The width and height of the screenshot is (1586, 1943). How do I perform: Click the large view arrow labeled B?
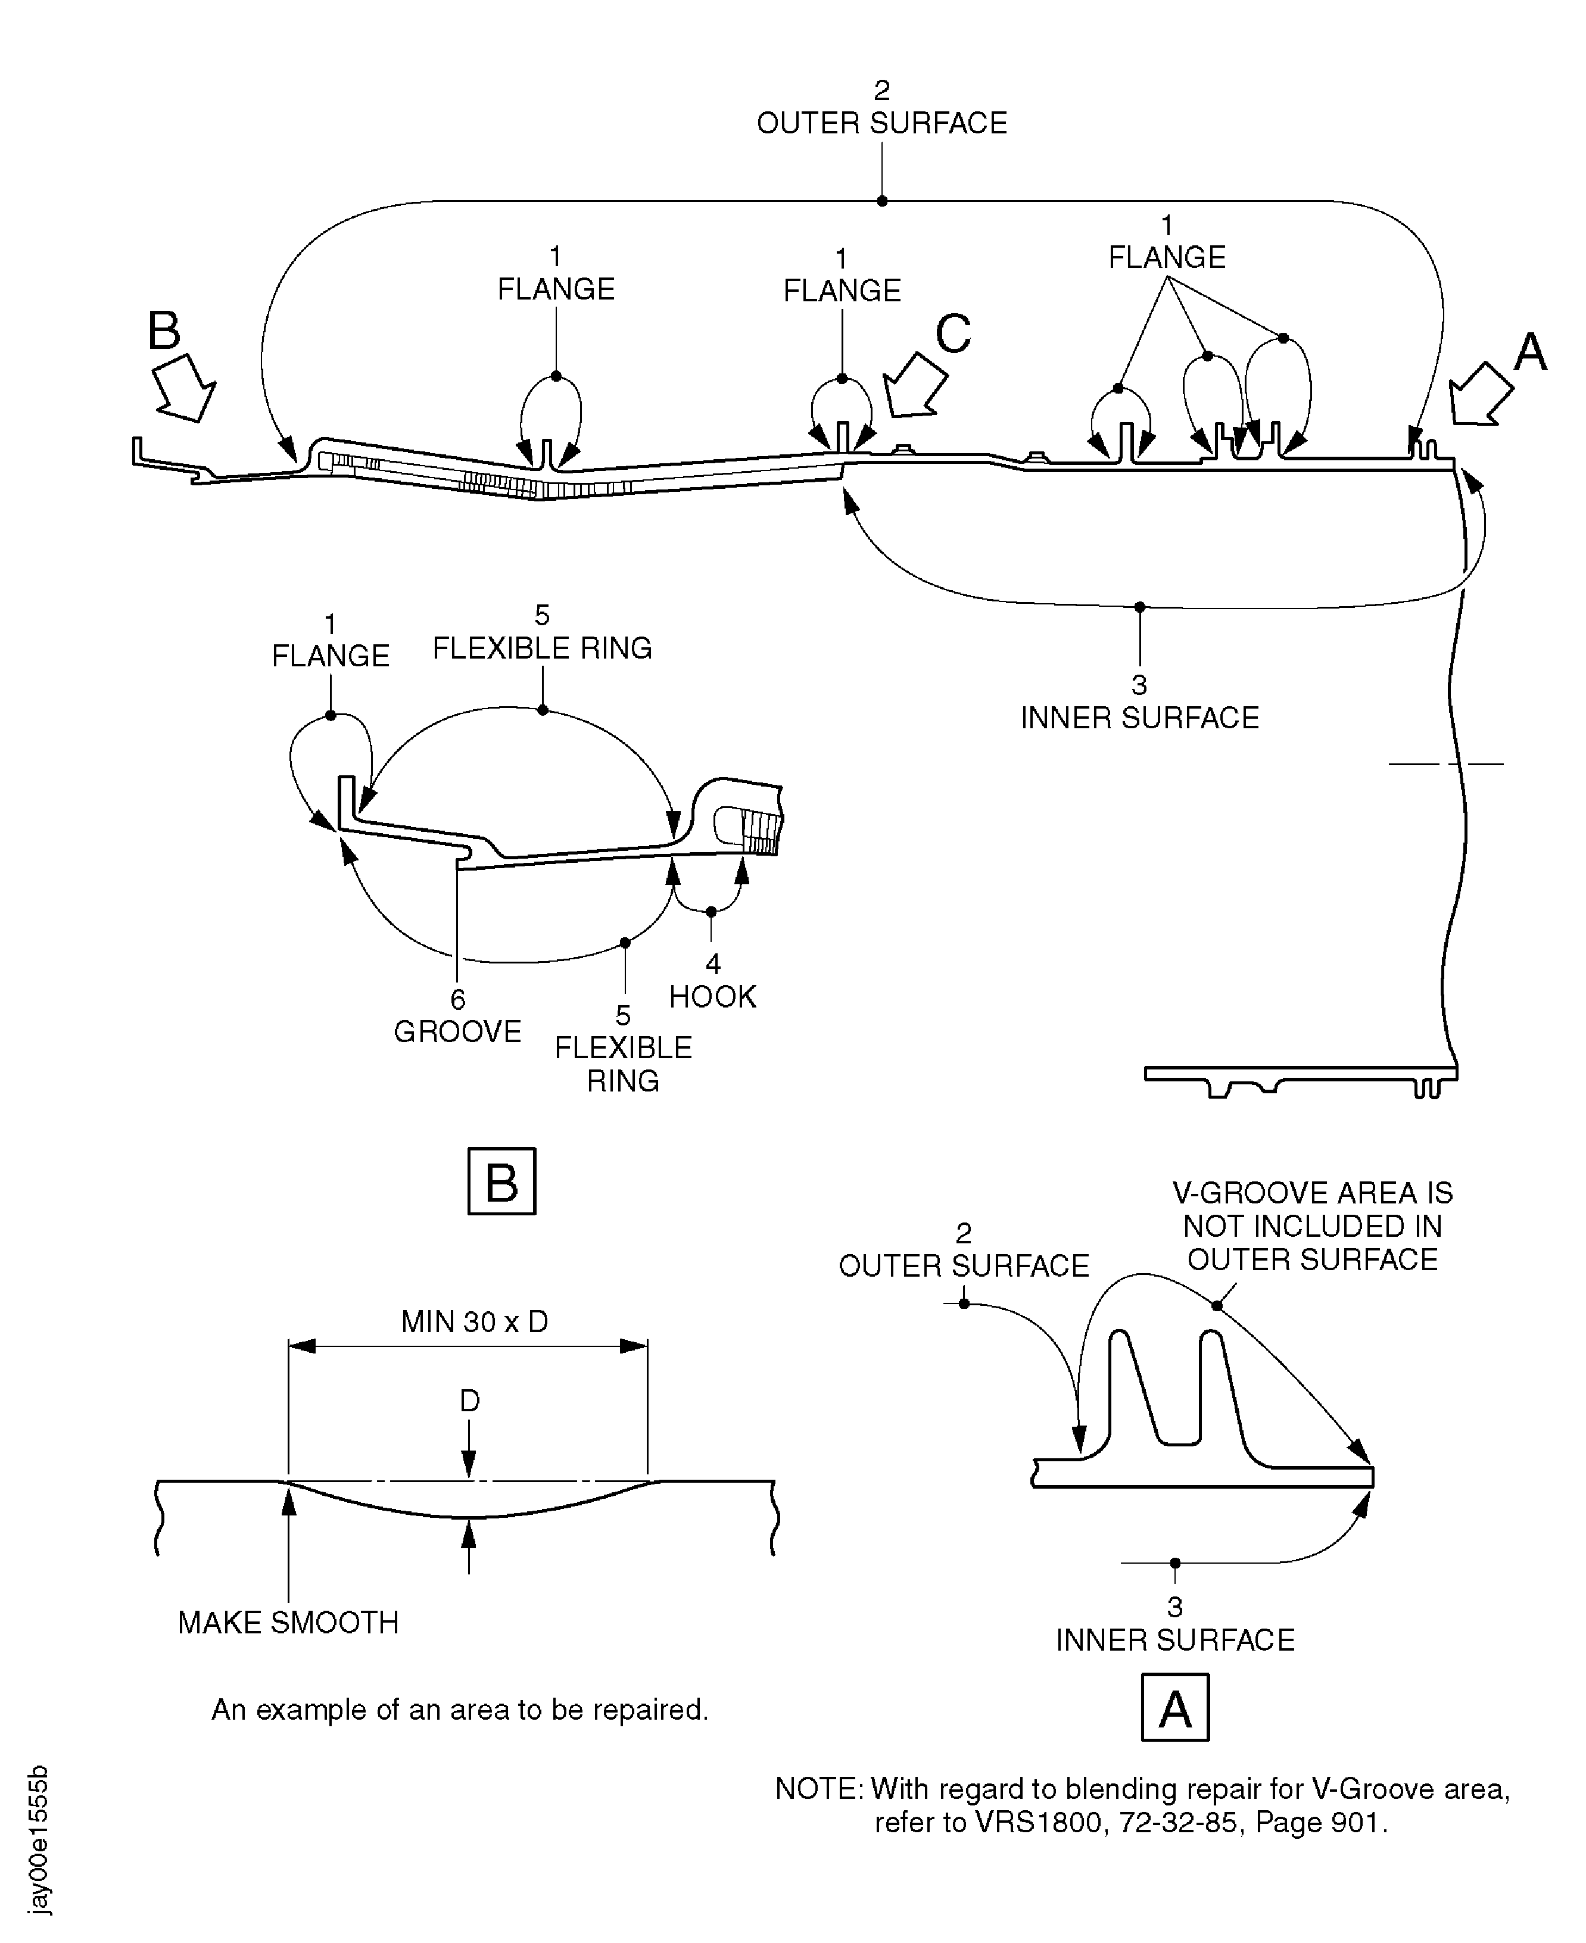tap(185, 387)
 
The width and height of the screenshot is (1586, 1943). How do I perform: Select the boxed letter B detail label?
tap(501, 1182)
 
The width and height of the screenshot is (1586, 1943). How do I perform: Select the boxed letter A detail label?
tap(1175, 1707)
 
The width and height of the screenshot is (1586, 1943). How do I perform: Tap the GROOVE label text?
tap(457, 1031)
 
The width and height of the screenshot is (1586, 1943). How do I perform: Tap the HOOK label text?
tap(713, 997)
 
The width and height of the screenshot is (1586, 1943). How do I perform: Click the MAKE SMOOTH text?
tap(288, 1623)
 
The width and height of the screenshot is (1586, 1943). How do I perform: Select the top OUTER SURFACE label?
tap(881, 123)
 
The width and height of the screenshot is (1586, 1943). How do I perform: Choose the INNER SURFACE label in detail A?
tap(1175, 1640)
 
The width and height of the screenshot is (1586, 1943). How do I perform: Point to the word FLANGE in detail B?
tap(331, 656)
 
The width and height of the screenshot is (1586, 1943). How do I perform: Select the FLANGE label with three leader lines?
tap(1167, 258)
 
